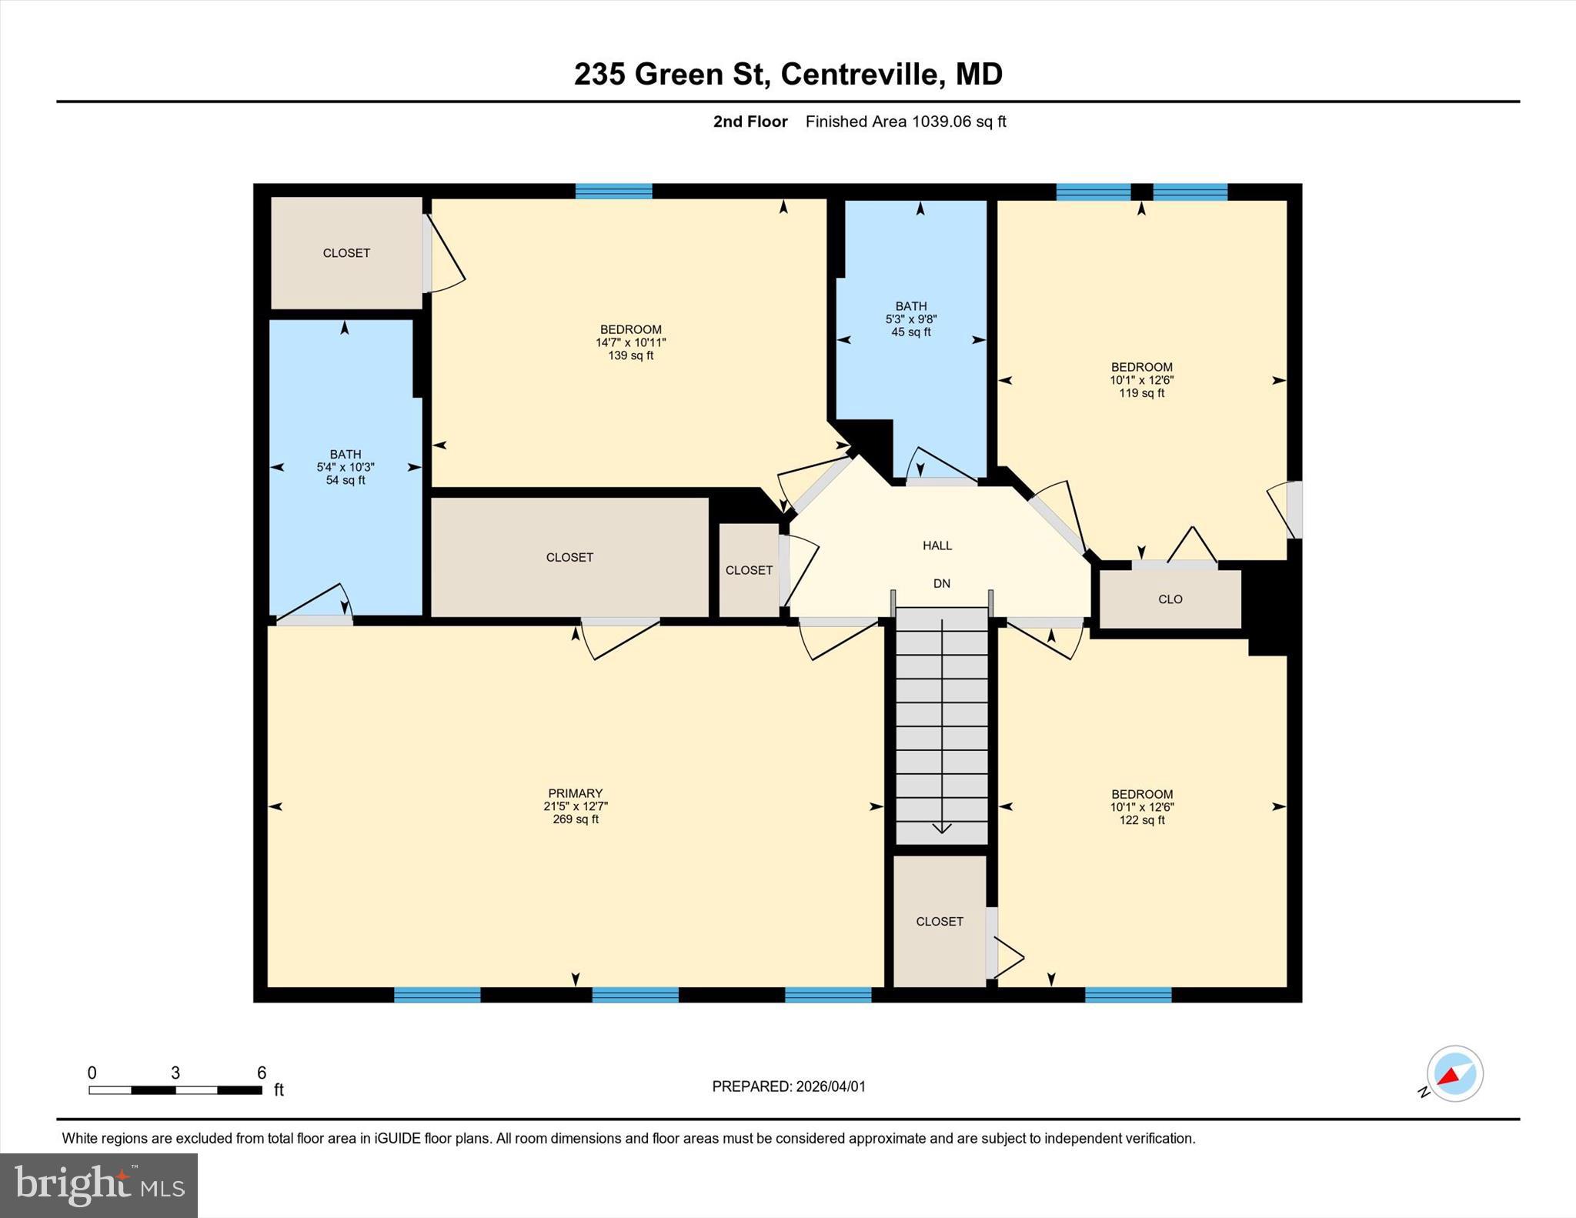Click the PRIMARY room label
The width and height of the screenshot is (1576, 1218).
tap(575, 793)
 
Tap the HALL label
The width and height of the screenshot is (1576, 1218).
tap(937, 546)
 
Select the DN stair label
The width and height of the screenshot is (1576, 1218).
tap(942, 583)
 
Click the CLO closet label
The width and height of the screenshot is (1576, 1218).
tap(1170, 599)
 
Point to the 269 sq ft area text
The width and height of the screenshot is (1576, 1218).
tap(575, 819)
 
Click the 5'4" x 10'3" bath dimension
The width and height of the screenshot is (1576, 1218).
tap(346, 467)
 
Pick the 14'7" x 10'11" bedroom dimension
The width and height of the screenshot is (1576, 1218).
tap(630, 342)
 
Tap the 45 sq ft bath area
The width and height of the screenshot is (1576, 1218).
tap(911, 332)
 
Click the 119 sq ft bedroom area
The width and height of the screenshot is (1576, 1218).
tap(1141, 393)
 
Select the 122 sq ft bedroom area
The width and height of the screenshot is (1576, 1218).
tap(1142, 820)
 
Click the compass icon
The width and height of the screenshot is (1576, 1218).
tap(1454, 1074)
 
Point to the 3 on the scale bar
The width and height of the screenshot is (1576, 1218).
tap(175, 1073)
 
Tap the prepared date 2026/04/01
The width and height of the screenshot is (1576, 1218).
tap(830, 1086)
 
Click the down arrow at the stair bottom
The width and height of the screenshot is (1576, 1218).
tap(942, 827)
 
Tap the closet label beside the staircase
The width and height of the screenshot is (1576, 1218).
tap(940, 921)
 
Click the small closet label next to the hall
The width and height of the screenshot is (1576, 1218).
tap(749, 570)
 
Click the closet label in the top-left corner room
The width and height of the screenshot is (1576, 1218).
tap(346, 253)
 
